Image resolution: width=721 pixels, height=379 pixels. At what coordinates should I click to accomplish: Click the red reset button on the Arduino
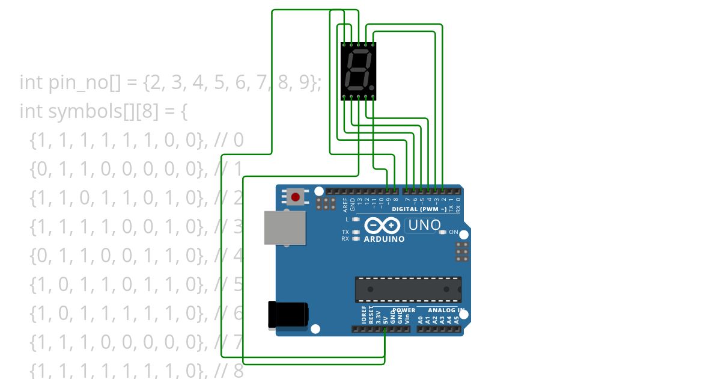coord(295,197)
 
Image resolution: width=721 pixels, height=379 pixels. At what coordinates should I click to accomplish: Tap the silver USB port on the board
coord(284,227)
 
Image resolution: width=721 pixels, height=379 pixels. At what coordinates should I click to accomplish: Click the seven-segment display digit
coord(359,71)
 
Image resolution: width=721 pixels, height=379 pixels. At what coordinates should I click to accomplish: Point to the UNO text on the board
coord(423,225)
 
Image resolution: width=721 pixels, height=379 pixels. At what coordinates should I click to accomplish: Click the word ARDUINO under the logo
coord(384,239)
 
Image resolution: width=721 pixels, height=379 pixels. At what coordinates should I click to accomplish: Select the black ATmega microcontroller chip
coord(408,289)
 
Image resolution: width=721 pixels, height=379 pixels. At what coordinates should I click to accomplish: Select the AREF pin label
coord(345,205)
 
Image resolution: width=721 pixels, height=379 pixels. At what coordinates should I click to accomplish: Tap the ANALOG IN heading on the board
coord(446,310)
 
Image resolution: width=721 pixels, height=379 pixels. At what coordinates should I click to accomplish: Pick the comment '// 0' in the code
coord(229,140)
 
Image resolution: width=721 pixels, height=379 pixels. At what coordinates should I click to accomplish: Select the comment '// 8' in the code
coord(229,371)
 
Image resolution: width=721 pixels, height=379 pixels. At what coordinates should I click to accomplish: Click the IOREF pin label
coord(364,315)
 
